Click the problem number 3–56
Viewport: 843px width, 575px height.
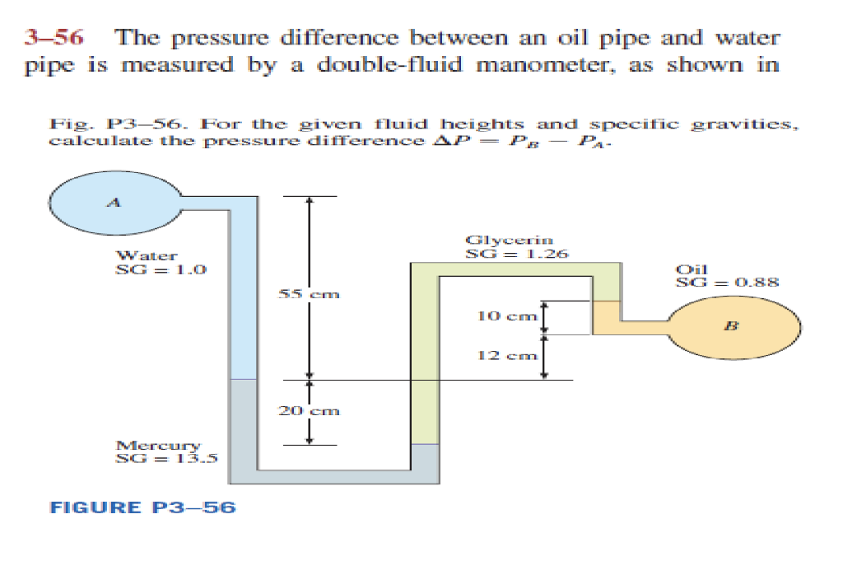[57, 38]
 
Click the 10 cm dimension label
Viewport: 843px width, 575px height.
[506, 315]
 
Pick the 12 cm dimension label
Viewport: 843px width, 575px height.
[506, 356]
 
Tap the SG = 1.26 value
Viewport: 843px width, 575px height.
[516, 254]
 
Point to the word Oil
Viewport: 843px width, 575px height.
[687, 269]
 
